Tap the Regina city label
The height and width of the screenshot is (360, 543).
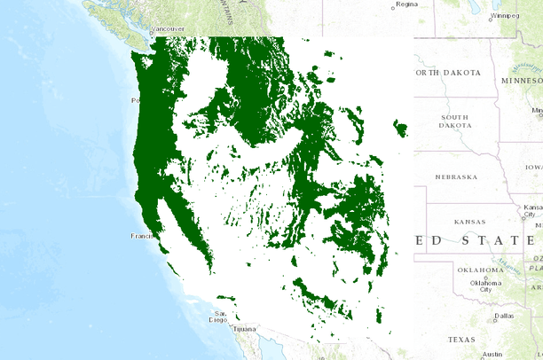406,4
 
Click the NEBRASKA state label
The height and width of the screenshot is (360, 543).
456,176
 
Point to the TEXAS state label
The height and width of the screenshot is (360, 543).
461,340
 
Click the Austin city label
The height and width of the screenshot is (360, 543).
493,353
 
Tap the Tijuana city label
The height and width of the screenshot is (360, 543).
244,329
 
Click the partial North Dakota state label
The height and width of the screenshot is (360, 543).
448,73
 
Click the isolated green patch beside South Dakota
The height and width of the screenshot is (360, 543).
400,130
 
